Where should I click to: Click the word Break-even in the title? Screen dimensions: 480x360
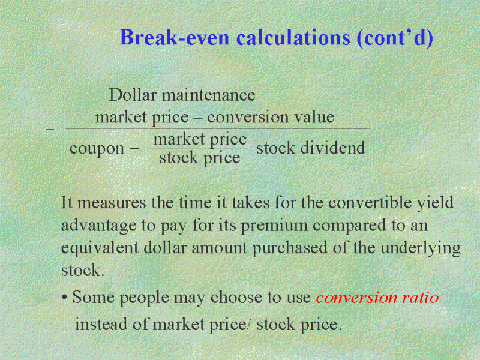[175, 37]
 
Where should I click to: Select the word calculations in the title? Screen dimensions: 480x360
[293, 37]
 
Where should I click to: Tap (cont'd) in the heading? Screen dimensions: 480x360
[395, 38]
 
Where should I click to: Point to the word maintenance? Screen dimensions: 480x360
[208, 95]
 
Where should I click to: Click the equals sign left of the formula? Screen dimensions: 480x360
[50, 127]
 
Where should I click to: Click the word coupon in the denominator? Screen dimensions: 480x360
[97, 149]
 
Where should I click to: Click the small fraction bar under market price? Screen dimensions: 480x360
[199, 149]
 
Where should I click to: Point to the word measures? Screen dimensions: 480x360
[112, 203]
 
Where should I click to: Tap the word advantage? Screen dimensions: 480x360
[99, 226]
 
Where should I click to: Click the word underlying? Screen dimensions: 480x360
[421, 248]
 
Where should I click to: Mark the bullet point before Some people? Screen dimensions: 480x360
[64, 297]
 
